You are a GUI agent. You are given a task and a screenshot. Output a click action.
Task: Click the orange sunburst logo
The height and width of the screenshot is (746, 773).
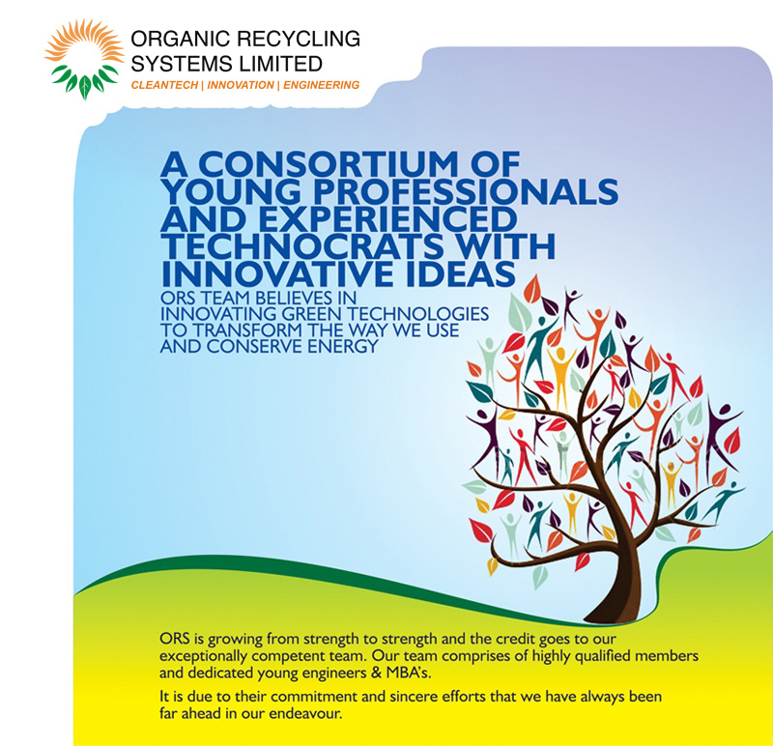pos(85,59)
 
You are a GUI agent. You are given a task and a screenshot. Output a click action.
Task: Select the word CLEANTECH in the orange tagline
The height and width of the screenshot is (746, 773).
pos(164,85)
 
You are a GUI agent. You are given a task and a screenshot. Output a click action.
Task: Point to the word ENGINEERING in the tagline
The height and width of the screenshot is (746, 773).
pos(322,85)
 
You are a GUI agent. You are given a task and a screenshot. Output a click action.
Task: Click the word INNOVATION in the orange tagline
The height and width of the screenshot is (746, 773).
pos(241,85)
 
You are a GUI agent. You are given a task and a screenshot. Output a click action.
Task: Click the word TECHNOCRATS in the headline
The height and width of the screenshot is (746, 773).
pos(302,246)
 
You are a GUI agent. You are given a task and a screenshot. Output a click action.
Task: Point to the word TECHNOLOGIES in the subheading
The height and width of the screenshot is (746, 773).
pos(418,314)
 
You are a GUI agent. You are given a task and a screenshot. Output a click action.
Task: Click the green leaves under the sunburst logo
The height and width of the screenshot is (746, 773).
pos(85,81)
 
